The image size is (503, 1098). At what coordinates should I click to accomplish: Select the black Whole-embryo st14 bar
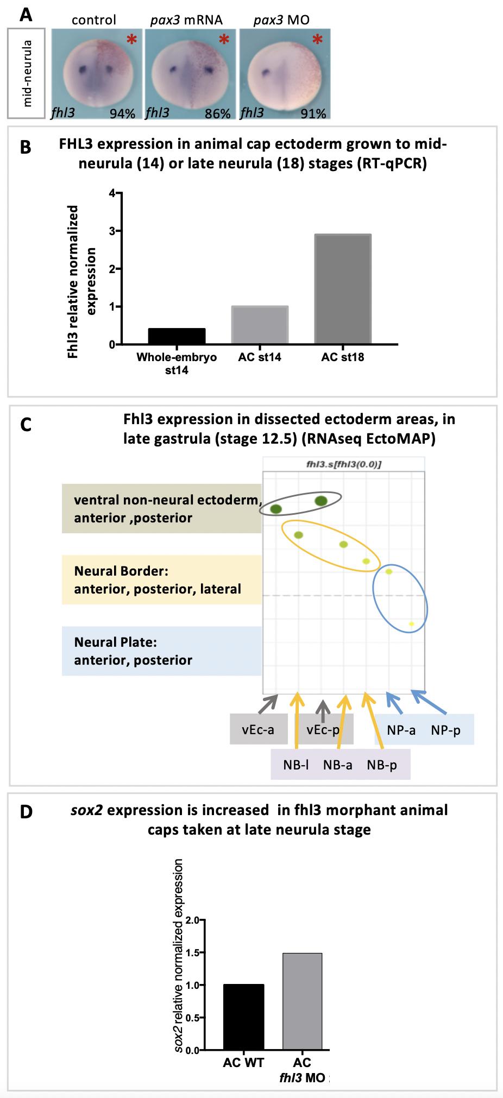pyautogui.click(x=177, y=336)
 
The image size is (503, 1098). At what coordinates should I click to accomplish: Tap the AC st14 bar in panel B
pyautogui.click(x=260, y=325)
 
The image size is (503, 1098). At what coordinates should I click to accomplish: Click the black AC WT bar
pyautogui.click(x=243, y=1017)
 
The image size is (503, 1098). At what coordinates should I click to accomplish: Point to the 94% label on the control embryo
pyautogui.click(x=122, y=113)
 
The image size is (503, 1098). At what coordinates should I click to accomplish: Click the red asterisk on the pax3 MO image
pyautogui.click(x=317, y=40)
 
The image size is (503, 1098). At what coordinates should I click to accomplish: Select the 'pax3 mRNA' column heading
pyautogui.click(x=186, y=21)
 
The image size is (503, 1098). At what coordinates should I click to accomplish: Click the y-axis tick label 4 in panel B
pyautogui.click(x=112, y=194)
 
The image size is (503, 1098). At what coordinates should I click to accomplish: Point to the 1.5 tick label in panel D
pyautogui.click(x=192, y=952)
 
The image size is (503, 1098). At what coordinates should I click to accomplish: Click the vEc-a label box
pyautogui.click(x=258, y=729)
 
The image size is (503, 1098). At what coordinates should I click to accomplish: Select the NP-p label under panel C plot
pyautogui.click(x=445, y=730)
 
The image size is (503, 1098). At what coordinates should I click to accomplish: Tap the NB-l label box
pyautogui.click(x=296, y=765)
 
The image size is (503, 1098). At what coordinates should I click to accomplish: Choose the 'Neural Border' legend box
pyautogui.click(x=161, y=579)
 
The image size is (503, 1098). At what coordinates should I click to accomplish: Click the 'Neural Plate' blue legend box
pyautogui.click(x=161, y=651)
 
